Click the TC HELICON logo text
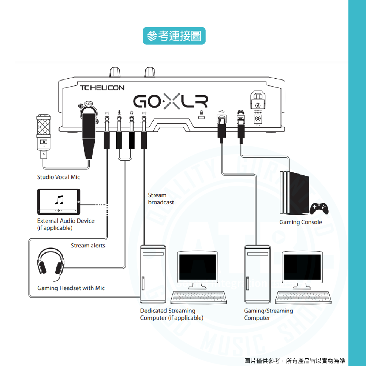(x=102, y=88)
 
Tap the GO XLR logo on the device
(x=171, y=101)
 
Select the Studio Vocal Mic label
(x=59, y=177)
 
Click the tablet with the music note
(x=59, y=201)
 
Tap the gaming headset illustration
(x=51, y=264)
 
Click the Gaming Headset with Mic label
(x=71, y=288)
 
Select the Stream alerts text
(x=88, y=246)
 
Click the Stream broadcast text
(x=161, y=199)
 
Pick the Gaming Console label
(x=301, y=222)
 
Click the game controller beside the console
(x=319, y=209)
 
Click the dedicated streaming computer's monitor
(x=198, y=269)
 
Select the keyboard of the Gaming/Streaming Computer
(x=303, y=298)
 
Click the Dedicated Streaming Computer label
(x=172, y=314)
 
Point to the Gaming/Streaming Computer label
(x=268, y=314)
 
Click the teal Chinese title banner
(x=174, y=36)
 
